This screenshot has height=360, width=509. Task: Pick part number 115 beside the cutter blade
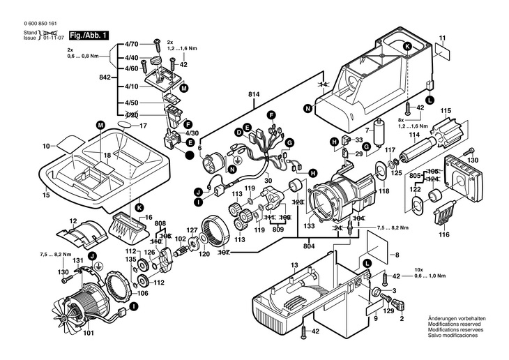(446, 110)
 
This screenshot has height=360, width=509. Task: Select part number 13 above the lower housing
(294, 266)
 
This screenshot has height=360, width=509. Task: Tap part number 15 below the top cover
(46, 196)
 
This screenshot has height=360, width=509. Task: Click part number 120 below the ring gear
(204, 255)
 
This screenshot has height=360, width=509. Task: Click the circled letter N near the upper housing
(307, 107)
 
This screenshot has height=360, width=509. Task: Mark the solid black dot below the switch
(190, 155)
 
